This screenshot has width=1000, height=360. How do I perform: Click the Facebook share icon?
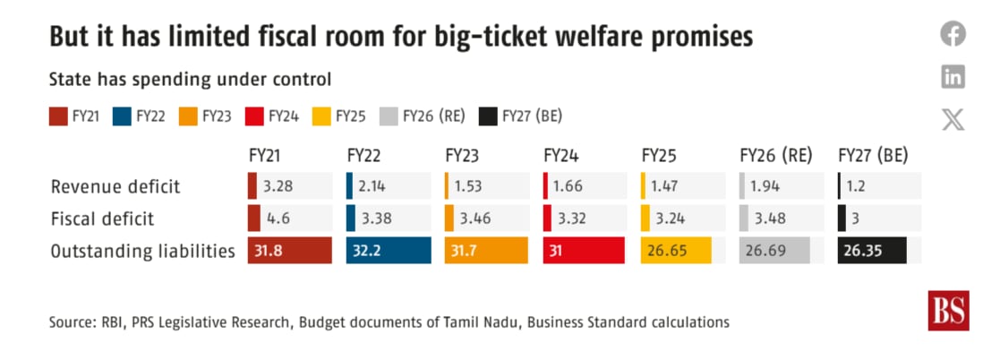953,34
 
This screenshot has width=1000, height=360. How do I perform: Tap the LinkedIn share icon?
953,77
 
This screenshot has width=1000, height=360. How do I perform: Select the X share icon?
953,119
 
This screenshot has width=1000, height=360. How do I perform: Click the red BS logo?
948,311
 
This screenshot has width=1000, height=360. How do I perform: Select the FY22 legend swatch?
122,116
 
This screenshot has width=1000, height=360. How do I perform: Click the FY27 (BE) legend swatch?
488,116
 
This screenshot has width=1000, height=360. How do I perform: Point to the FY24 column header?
561,157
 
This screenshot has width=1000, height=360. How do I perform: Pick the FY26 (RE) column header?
775,157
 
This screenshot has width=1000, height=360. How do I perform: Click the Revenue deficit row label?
115,186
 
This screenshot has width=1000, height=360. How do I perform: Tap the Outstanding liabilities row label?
143,252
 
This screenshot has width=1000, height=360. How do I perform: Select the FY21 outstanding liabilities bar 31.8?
290,250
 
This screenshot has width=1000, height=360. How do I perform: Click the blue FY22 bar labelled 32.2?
389,250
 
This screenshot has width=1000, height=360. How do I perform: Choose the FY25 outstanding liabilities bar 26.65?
676,250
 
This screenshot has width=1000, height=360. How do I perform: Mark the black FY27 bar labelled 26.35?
873,250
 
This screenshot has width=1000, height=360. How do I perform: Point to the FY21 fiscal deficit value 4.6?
279,219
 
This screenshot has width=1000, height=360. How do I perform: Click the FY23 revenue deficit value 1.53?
467,187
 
